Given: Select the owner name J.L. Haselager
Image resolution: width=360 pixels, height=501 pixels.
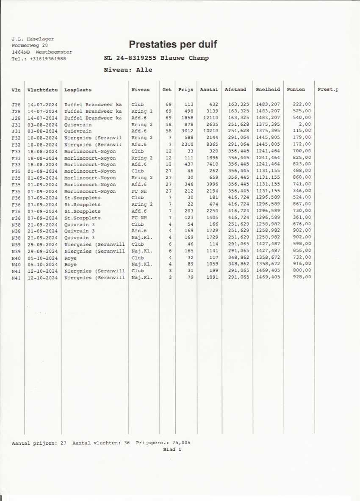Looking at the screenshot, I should pos(33,39).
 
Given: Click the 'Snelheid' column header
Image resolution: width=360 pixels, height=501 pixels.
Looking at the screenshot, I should pos(268,90).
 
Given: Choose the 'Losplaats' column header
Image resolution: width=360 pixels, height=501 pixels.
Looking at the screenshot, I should pos(78,90).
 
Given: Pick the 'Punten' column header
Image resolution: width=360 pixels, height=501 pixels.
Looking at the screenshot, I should pos(296,90).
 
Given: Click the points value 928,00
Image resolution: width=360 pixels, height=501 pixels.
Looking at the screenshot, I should pos(302,277).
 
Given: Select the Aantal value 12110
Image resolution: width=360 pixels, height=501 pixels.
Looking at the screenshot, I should pos(210,118).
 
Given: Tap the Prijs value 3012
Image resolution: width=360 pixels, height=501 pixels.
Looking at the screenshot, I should pos(187,131).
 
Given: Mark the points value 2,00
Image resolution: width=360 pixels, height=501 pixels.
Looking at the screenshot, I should pos(305,124).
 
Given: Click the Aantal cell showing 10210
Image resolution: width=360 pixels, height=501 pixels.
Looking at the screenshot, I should pos(210,131).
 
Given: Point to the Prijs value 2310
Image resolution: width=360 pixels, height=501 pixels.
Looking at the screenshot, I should pos(187,144).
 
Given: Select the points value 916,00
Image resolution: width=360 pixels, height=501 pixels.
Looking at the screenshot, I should pos(302,264).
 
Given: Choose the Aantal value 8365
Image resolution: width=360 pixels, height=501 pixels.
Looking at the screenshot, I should pos(212,144).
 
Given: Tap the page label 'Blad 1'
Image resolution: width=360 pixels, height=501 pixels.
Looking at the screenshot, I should pos(172,449).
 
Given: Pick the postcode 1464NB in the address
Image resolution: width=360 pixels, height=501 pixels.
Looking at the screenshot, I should pos(21,52).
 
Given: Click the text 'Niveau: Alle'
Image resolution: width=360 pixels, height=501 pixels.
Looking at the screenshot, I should pos(128,70).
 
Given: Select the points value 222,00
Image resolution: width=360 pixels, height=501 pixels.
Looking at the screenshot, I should pos(302,104).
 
